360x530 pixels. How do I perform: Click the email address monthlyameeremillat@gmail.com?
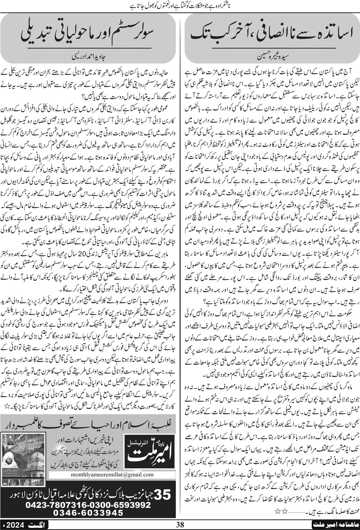click(x=108, y=474)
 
